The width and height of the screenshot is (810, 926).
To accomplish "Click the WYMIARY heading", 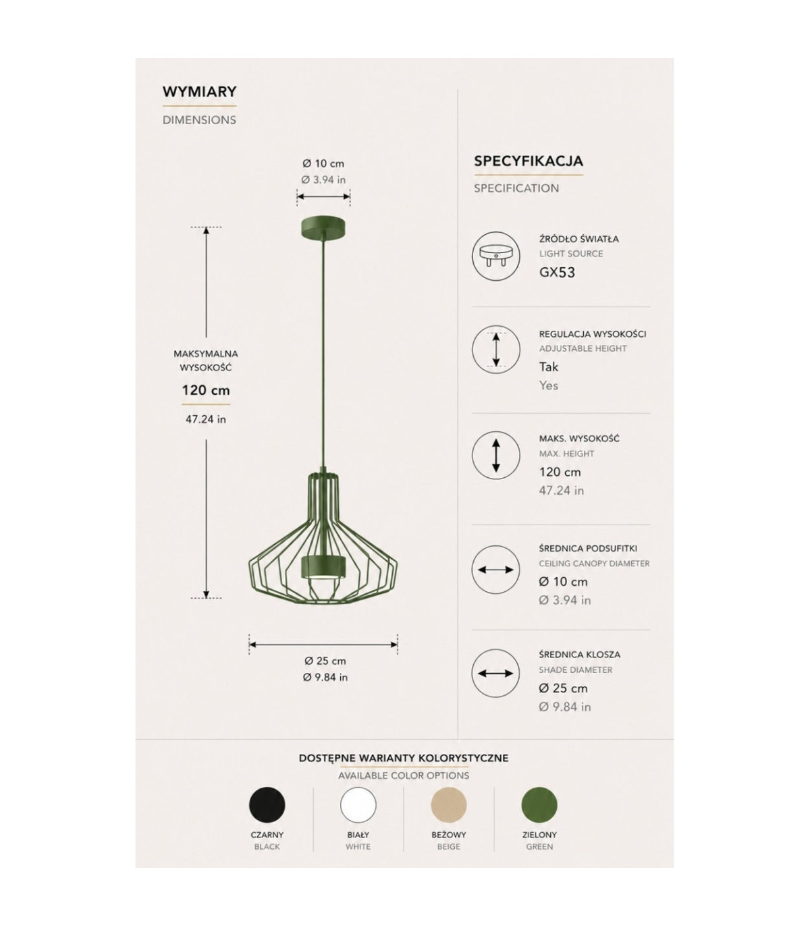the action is [200, 91].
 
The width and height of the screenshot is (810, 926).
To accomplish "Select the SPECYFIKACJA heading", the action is [529, 161].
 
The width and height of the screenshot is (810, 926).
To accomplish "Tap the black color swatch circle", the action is [267, 805].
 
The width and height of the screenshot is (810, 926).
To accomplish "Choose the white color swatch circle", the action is [358, 805].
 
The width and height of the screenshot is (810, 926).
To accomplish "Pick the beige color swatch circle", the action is [448, 805].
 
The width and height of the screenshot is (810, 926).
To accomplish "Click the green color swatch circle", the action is [539, 805].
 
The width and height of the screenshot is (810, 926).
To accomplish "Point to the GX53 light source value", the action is [557, 273].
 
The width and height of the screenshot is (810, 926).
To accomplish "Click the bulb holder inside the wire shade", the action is [323, 568].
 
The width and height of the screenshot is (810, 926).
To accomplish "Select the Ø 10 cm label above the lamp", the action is [323, 163].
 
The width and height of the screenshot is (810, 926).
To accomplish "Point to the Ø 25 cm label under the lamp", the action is [325, 661].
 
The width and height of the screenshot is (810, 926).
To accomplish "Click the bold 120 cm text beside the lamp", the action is [206, 390].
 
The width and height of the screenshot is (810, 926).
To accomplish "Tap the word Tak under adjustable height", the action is [549, 366].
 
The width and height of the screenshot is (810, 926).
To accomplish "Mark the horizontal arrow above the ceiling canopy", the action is [323, 196].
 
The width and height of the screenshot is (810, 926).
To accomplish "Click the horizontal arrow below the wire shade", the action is [323, 644].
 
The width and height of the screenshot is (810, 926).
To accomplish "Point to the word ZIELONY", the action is [539, 835].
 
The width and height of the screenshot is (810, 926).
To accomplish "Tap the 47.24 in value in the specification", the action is [561, 490].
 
